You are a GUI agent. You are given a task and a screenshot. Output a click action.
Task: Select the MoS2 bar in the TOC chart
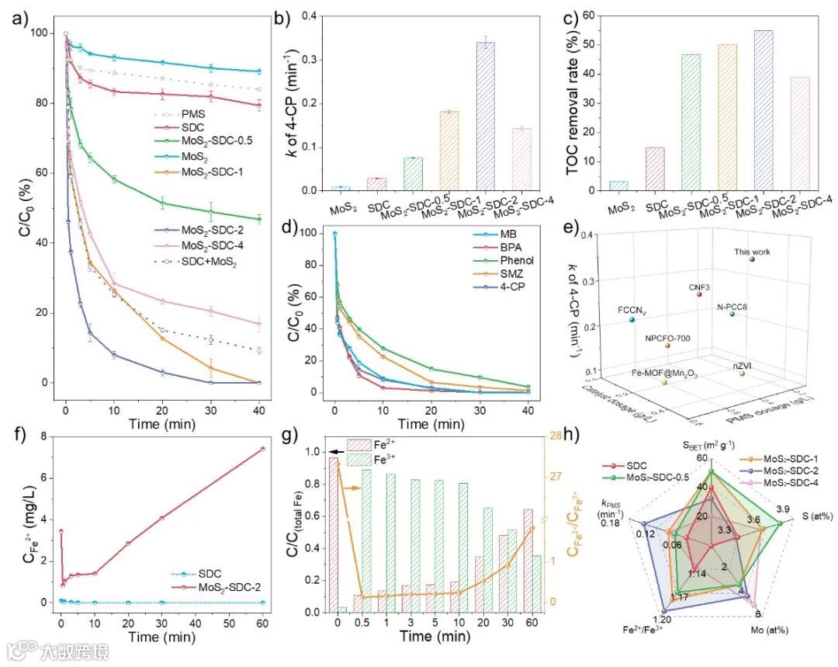[619, 186]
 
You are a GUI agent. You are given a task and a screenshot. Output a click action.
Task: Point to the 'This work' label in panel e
[753, 252]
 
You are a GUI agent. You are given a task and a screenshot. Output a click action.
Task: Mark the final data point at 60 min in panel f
[263, 449]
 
